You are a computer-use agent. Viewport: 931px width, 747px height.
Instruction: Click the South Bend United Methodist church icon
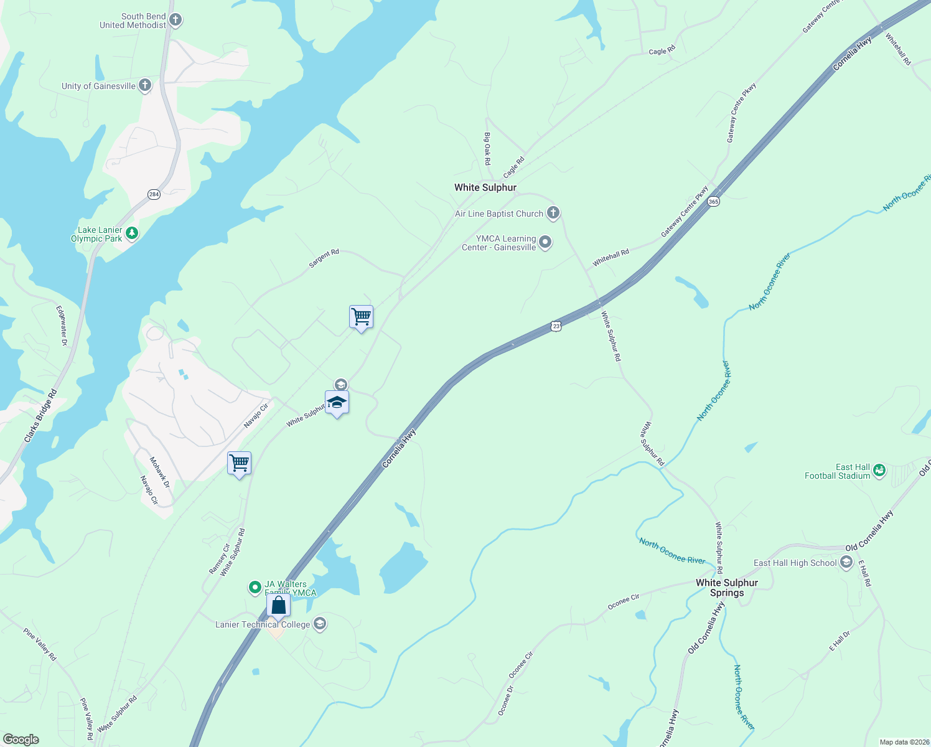pyautogui.click(x=175, y=21)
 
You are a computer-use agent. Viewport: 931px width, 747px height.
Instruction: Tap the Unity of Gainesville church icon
pyautogui.click(x=145, y=85)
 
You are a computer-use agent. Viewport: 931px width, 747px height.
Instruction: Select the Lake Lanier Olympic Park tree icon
pyautogui.click(x=131, y=233)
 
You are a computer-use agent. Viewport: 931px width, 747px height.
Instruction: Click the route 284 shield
pyautogui.click(x=154, y=194)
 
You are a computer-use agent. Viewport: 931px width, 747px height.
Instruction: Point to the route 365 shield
pyautogui.click(x=713, y=202)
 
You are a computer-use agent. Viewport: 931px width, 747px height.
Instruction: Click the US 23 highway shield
pyautogui.click(x=556, y=326)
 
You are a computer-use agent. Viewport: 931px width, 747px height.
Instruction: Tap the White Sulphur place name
pyautogui.click(x=485, y=187)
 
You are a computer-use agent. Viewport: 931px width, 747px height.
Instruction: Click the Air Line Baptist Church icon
pyautogui.click(x=553, y=214)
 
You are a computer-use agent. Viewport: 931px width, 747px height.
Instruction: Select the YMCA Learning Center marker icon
pyautogui.click(x=545, y=242)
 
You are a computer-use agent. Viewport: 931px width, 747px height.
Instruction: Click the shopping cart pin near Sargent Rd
pyautogui.click(x=361, y=317)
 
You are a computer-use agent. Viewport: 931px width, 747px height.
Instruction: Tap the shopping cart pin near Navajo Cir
pyautogui.click(x=239, y=463)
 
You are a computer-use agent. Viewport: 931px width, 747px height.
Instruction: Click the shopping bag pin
pyautogui.click(x=278, y=605)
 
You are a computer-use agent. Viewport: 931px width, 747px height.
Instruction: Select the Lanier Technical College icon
pyautogui.click(x=320, y=624)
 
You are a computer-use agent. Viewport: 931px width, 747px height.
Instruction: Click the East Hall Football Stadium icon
pyautogui.click(x=879, y=471)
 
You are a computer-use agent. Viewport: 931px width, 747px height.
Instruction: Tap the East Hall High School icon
pyautogui.click(x=846, y=563)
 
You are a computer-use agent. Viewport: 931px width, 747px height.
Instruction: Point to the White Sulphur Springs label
pyautogui.click(x=727, y=588)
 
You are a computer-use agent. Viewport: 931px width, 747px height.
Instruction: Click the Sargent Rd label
pyautogui.click(x=324, y=259)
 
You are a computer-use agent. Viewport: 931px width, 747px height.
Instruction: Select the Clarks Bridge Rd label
pyautogui.click(x=40, y=416)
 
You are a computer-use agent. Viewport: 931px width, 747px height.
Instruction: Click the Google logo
pyautogui.click(x=21, y=740)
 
